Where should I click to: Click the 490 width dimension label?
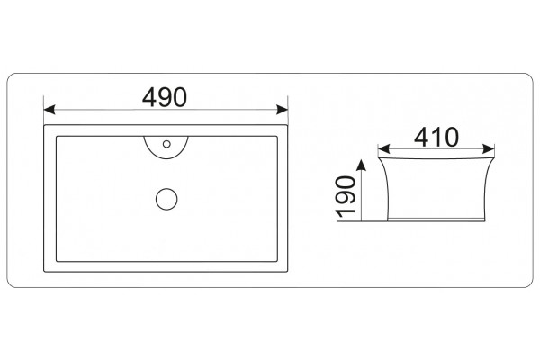tap(165, 97)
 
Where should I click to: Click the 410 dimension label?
tap(436, 137)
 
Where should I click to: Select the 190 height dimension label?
tap(346, 197)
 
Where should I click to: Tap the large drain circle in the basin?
tap(166, 199)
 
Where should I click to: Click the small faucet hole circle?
tap(166, 144)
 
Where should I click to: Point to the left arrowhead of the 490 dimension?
tap(49, 110)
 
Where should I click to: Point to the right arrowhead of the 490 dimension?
tap(283, 110)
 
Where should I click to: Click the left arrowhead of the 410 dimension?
tap(383, 149)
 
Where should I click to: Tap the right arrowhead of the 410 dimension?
tap(489, 149)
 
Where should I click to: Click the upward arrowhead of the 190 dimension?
tap(361, 165)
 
